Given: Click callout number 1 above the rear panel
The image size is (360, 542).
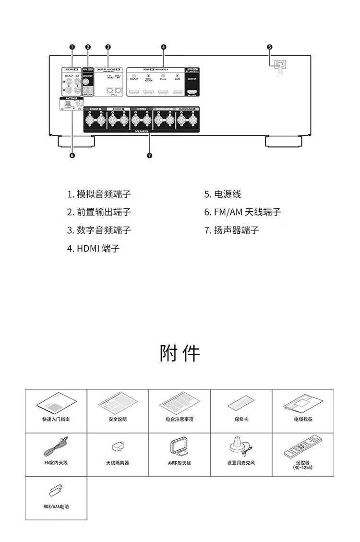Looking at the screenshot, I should point(72,47).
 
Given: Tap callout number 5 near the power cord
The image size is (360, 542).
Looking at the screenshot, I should point(269,47).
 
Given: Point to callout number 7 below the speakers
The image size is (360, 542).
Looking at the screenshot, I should point(150,155).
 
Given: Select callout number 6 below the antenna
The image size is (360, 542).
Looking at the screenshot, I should point(72,155).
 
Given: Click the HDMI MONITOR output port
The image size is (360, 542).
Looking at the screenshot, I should point(192,91).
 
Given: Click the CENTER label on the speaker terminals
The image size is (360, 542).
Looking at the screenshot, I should point(141,109).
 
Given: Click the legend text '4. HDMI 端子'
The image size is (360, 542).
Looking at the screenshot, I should point(93,248).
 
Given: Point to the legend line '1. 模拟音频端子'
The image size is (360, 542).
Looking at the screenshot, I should point(98,194).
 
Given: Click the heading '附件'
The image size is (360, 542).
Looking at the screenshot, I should point(180,353).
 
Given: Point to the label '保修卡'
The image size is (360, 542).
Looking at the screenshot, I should point(241,419).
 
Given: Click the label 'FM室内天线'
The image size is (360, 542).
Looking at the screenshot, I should point(56,463).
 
